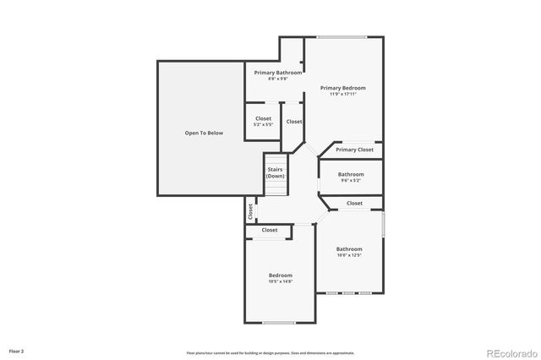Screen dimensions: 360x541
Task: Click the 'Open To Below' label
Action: point(204,134)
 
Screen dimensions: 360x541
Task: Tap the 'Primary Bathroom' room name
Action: point(278,73)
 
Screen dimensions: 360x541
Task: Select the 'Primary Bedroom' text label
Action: point(342,88)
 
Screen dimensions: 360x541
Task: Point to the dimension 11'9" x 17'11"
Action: point(342,94)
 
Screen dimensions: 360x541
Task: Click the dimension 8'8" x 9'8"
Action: point(278,79)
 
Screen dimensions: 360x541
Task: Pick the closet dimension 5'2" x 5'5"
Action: point(262,124)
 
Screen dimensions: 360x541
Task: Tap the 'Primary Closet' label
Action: point(353,150)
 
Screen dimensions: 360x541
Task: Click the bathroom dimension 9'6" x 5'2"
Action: point(350,180)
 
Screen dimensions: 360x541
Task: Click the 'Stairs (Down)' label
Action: point(276,172)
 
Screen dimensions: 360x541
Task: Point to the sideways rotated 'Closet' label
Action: point(250,211)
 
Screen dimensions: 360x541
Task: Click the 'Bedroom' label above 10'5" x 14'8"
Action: point(281,275)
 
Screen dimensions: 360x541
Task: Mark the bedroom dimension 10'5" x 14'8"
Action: point(281,281)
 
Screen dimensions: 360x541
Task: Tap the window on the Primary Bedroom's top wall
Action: point(342,36)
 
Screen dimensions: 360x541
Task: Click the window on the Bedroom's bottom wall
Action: point(278,322)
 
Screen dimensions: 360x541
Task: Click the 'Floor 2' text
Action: point(17,350)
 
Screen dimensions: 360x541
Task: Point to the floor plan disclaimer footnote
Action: point(270,352)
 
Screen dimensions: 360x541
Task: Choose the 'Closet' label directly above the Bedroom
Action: point(269,230)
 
